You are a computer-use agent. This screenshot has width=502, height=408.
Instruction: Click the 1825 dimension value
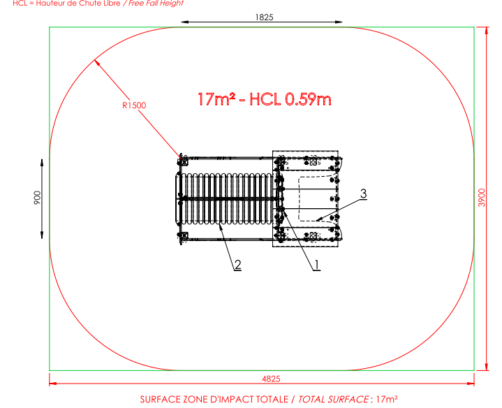(264, 17)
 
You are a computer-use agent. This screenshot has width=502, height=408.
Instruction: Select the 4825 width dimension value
(271, 379)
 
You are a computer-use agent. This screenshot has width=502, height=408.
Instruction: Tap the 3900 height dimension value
(482, 198)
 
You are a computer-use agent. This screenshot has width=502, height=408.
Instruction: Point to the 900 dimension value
(37, 198)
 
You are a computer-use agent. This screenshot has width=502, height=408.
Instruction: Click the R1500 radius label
(134, 105)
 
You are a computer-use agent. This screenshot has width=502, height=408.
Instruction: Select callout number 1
(317, 265)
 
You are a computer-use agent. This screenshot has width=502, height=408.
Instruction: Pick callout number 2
(237, 265)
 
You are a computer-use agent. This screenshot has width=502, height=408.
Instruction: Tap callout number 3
(363, 194)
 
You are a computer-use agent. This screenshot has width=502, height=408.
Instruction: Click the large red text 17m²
(216, 99)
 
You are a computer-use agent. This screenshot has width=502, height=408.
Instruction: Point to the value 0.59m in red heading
(308, 99)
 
